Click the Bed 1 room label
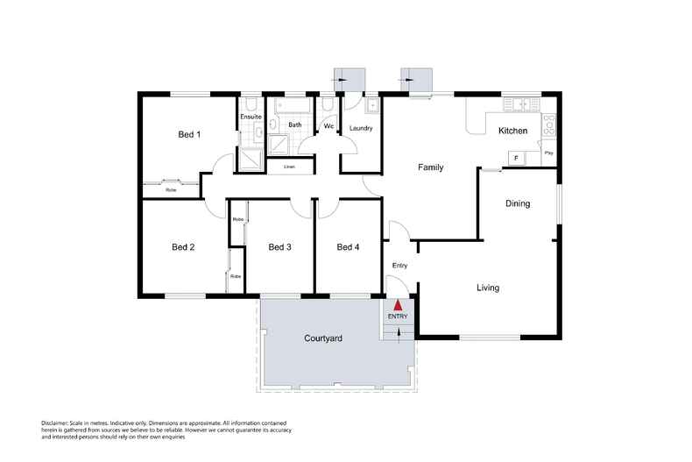point(189,134)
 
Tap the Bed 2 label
point(183,247)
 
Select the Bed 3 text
point(279,247)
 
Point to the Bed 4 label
point(348,247)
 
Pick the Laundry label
point(361,129)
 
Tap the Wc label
point(328,126)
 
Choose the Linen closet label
point(288,167)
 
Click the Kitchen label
point(512,131)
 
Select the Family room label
point(430,167)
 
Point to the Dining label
point(518,203)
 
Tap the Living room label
point(488,288)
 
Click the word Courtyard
point(322,338)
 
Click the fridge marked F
point(515,158)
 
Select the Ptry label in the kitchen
point(549,153)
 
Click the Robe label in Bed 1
point(171,189)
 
